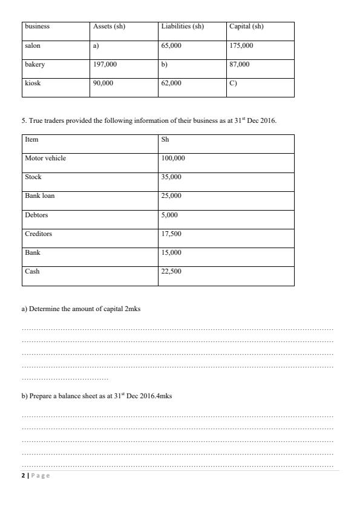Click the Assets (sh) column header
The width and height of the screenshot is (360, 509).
click(109, 27)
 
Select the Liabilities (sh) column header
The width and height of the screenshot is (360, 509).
click(182, 27)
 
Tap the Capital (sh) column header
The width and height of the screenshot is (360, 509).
click(246, 27)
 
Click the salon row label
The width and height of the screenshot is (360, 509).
click(33, 45)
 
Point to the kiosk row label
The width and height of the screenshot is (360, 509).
click(33, 83)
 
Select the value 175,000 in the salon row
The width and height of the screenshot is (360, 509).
click(241, 45)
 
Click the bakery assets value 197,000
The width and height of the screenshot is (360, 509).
click(105, 64)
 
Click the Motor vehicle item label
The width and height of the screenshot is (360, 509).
click(45, 158)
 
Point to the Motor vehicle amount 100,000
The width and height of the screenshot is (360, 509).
click(173, 158)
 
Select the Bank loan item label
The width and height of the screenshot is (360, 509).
click(39, 195)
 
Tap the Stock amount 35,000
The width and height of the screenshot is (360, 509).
click(171, 177)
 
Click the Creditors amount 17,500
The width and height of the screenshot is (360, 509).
click(171, 234)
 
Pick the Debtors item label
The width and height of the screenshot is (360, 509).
click(36, 215)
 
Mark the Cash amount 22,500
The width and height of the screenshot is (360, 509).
click(171, 271)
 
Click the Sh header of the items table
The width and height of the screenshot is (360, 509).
click(165, 139)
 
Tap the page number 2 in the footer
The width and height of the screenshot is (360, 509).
click(23, 476)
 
